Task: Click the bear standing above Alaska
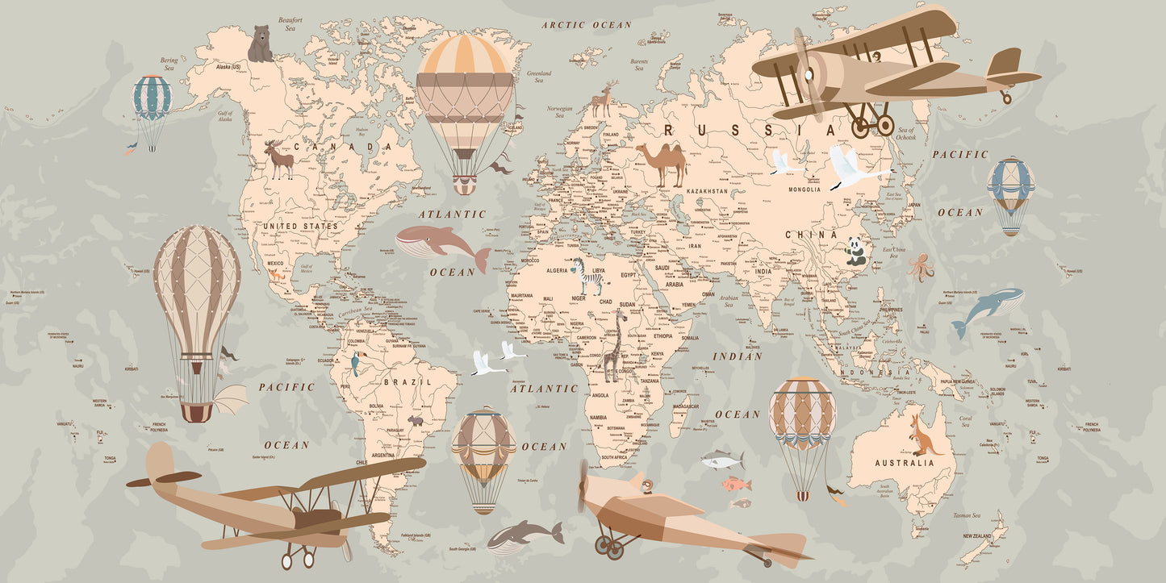[260, 44]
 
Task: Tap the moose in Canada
[278, 159]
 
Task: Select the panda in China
[855, 252]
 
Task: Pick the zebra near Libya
[589, 276]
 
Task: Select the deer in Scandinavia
[603, 99]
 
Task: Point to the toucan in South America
[355, 364]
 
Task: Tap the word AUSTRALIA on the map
[905, 463]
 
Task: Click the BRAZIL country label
[407, 381]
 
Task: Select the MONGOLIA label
[804, 189]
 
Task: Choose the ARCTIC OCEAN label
[587, 25]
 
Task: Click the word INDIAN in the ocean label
[738, 356]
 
